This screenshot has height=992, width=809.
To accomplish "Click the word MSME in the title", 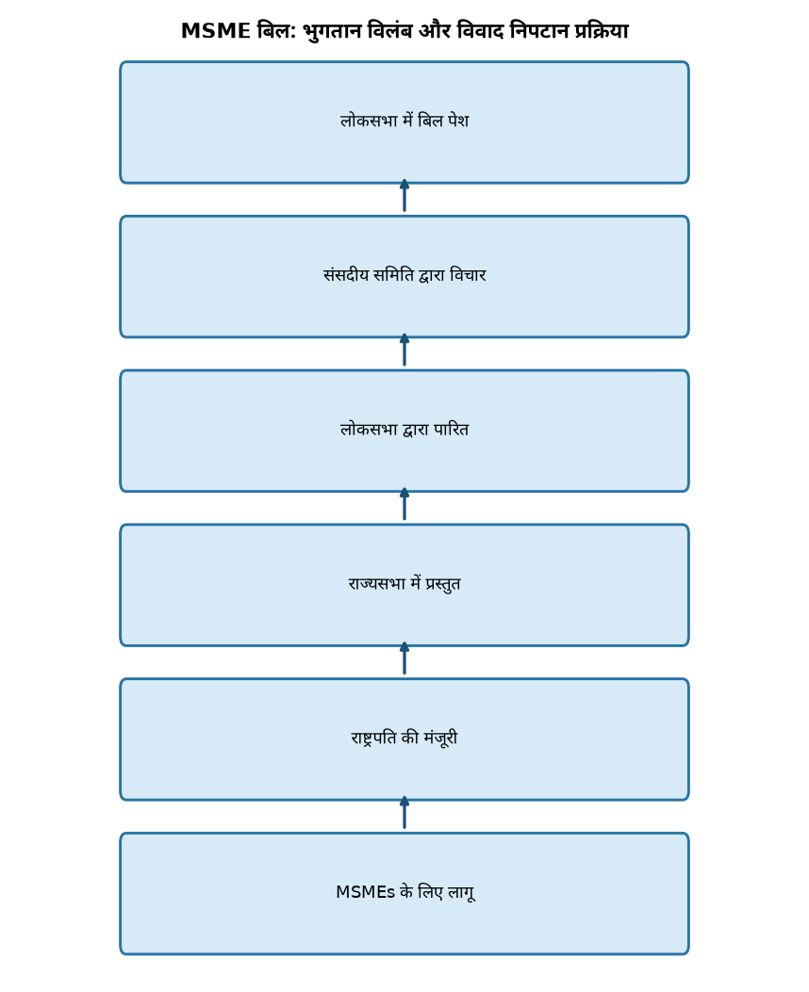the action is coord(216,31).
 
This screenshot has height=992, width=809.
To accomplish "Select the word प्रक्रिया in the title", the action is coord(601,31).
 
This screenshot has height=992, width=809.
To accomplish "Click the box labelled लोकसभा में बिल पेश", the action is coord(404,122).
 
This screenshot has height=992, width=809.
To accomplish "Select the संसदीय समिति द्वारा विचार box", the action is coord(404,276).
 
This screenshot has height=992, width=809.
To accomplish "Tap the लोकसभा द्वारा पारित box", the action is coord(404,431).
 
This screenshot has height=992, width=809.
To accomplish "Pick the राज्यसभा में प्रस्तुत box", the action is coord(404,585).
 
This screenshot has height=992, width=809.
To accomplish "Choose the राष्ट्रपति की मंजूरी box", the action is coord(404,740).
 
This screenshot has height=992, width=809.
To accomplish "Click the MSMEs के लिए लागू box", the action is coord(404,893).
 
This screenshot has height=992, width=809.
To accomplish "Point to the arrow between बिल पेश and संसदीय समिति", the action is coord(404,196).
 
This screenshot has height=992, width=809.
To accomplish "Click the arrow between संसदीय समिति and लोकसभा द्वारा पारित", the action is coord(404,350).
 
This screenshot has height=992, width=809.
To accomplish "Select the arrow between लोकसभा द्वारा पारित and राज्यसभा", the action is coord(404,504).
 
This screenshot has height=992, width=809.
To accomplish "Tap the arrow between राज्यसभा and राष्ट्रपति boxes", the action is coord(404,659).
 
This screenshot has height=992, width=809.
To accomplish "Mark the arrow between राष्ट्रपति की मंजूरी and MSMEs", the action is coord(404,813).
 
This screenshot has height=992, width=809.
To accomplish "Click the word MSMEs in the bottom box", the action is coord(365,892).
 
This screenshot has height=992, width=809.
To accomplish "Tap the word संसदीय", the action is coord(346,274).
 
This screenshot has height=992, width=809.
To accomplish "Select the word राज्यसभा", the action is coord(376,583).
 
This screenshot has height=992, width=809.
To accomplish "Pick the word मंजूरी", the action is coord(440,739).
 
